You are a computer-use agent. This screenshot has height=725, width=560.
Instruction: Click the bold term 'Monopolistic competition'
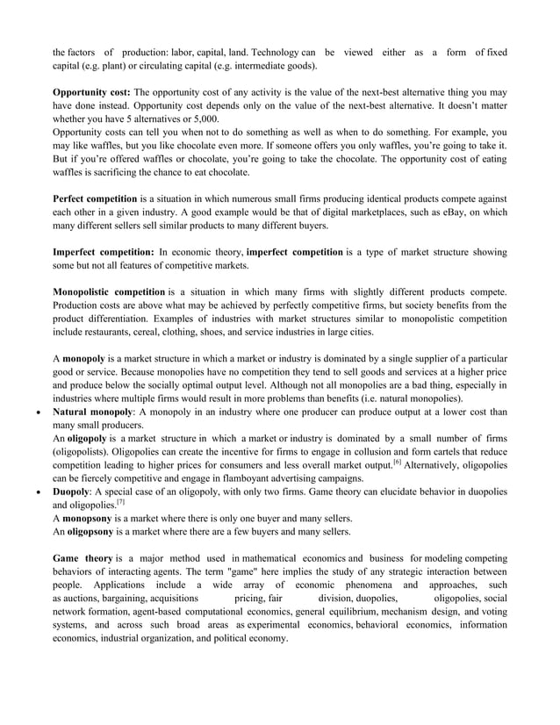[x=109, y=291]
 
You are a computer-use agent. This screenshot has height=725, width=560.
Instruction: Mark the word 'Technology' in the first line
[x=274, y=53]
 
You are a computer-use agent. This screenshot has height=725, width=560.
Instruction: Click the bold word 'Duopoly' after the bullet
[x=76, y=493]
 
